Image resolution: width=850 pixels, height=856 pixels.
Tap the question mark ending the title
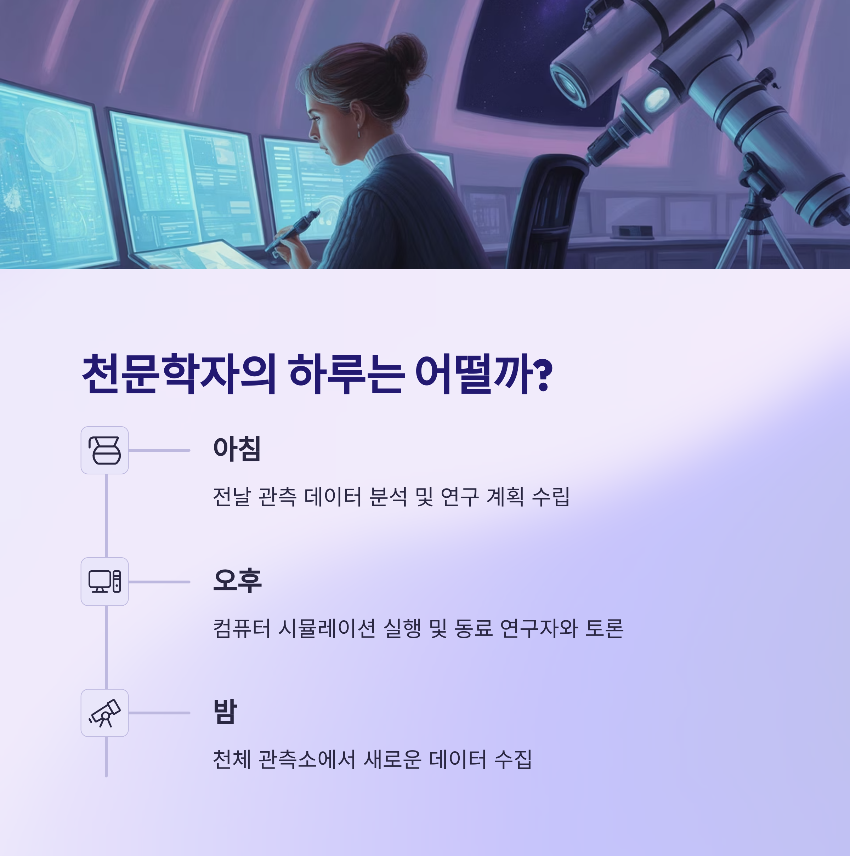tap(544, 375)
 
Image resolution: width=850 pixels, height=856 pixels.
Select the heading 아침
tap(237, 449)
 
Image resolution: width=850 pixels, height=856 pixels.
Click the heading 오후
tap(237, 581)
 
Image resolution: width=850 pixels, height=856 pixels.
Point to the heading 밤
tap(225, 712)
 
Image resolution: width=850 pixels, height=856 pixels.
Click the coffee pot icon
tap(104, 450)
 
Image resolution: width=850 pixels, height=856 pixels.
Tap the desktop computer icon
tap(104, 581)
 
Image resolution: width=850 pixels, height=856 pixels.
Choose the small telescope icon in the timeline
tap(104, 713)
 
